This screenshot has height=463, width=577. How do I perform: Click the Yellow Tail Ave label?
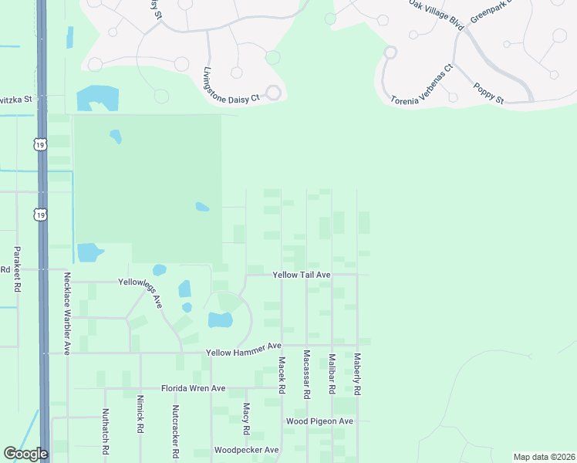(x=301, y=275)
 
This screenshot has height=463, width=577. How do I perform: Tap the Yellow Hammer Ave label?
(x=244, y=352)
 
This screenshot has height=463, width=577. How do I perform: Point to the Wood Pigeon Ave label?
(x=319, y=421)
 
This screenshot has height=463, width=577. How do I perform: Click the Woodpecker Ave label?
(x=246, y=450)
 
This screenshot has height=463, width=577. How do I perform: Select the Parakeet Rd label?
(x=16, y=268)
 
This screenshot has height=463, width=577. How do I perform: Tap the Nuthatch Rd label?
(x=106, y=431)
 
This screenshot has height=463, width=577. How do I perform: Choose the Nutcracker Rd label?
(x=176, y=430)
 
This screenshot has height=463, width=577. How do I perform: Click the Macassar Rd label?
(x=306, y=374)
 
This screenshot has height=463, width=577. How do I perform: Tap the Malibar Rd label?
(x=332, y=374)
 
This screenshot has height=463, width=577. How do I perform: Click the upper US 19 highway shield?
(x=39, y=144)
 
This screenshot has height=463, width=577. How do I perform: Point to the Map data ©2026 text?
(x=543, y=457)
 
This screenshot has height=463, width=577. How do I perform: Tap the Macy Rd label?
(x=246, y=418)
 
